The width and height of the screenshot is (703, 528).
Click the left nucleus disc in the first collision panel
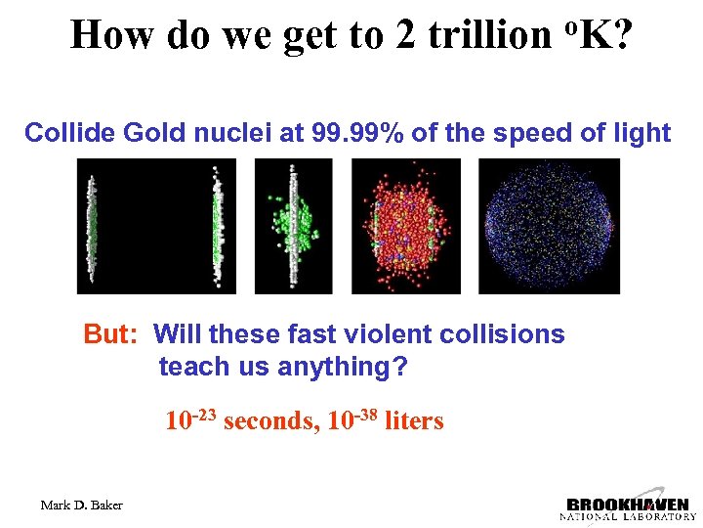click(x=92, y=226)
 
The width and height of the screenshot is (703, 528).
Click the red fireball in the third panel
click(x=406, y=227)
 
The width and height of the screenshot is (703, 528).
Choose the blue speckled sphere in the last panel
click(x=550, y=226)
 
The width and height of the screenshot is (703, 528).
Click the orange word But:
click(x=114, y=334)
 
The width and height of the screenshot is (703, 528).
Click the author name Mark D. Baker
click(x=82, y=505)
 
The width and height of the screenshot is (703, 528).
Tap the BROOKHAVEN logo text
click(x=628, y=506)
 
